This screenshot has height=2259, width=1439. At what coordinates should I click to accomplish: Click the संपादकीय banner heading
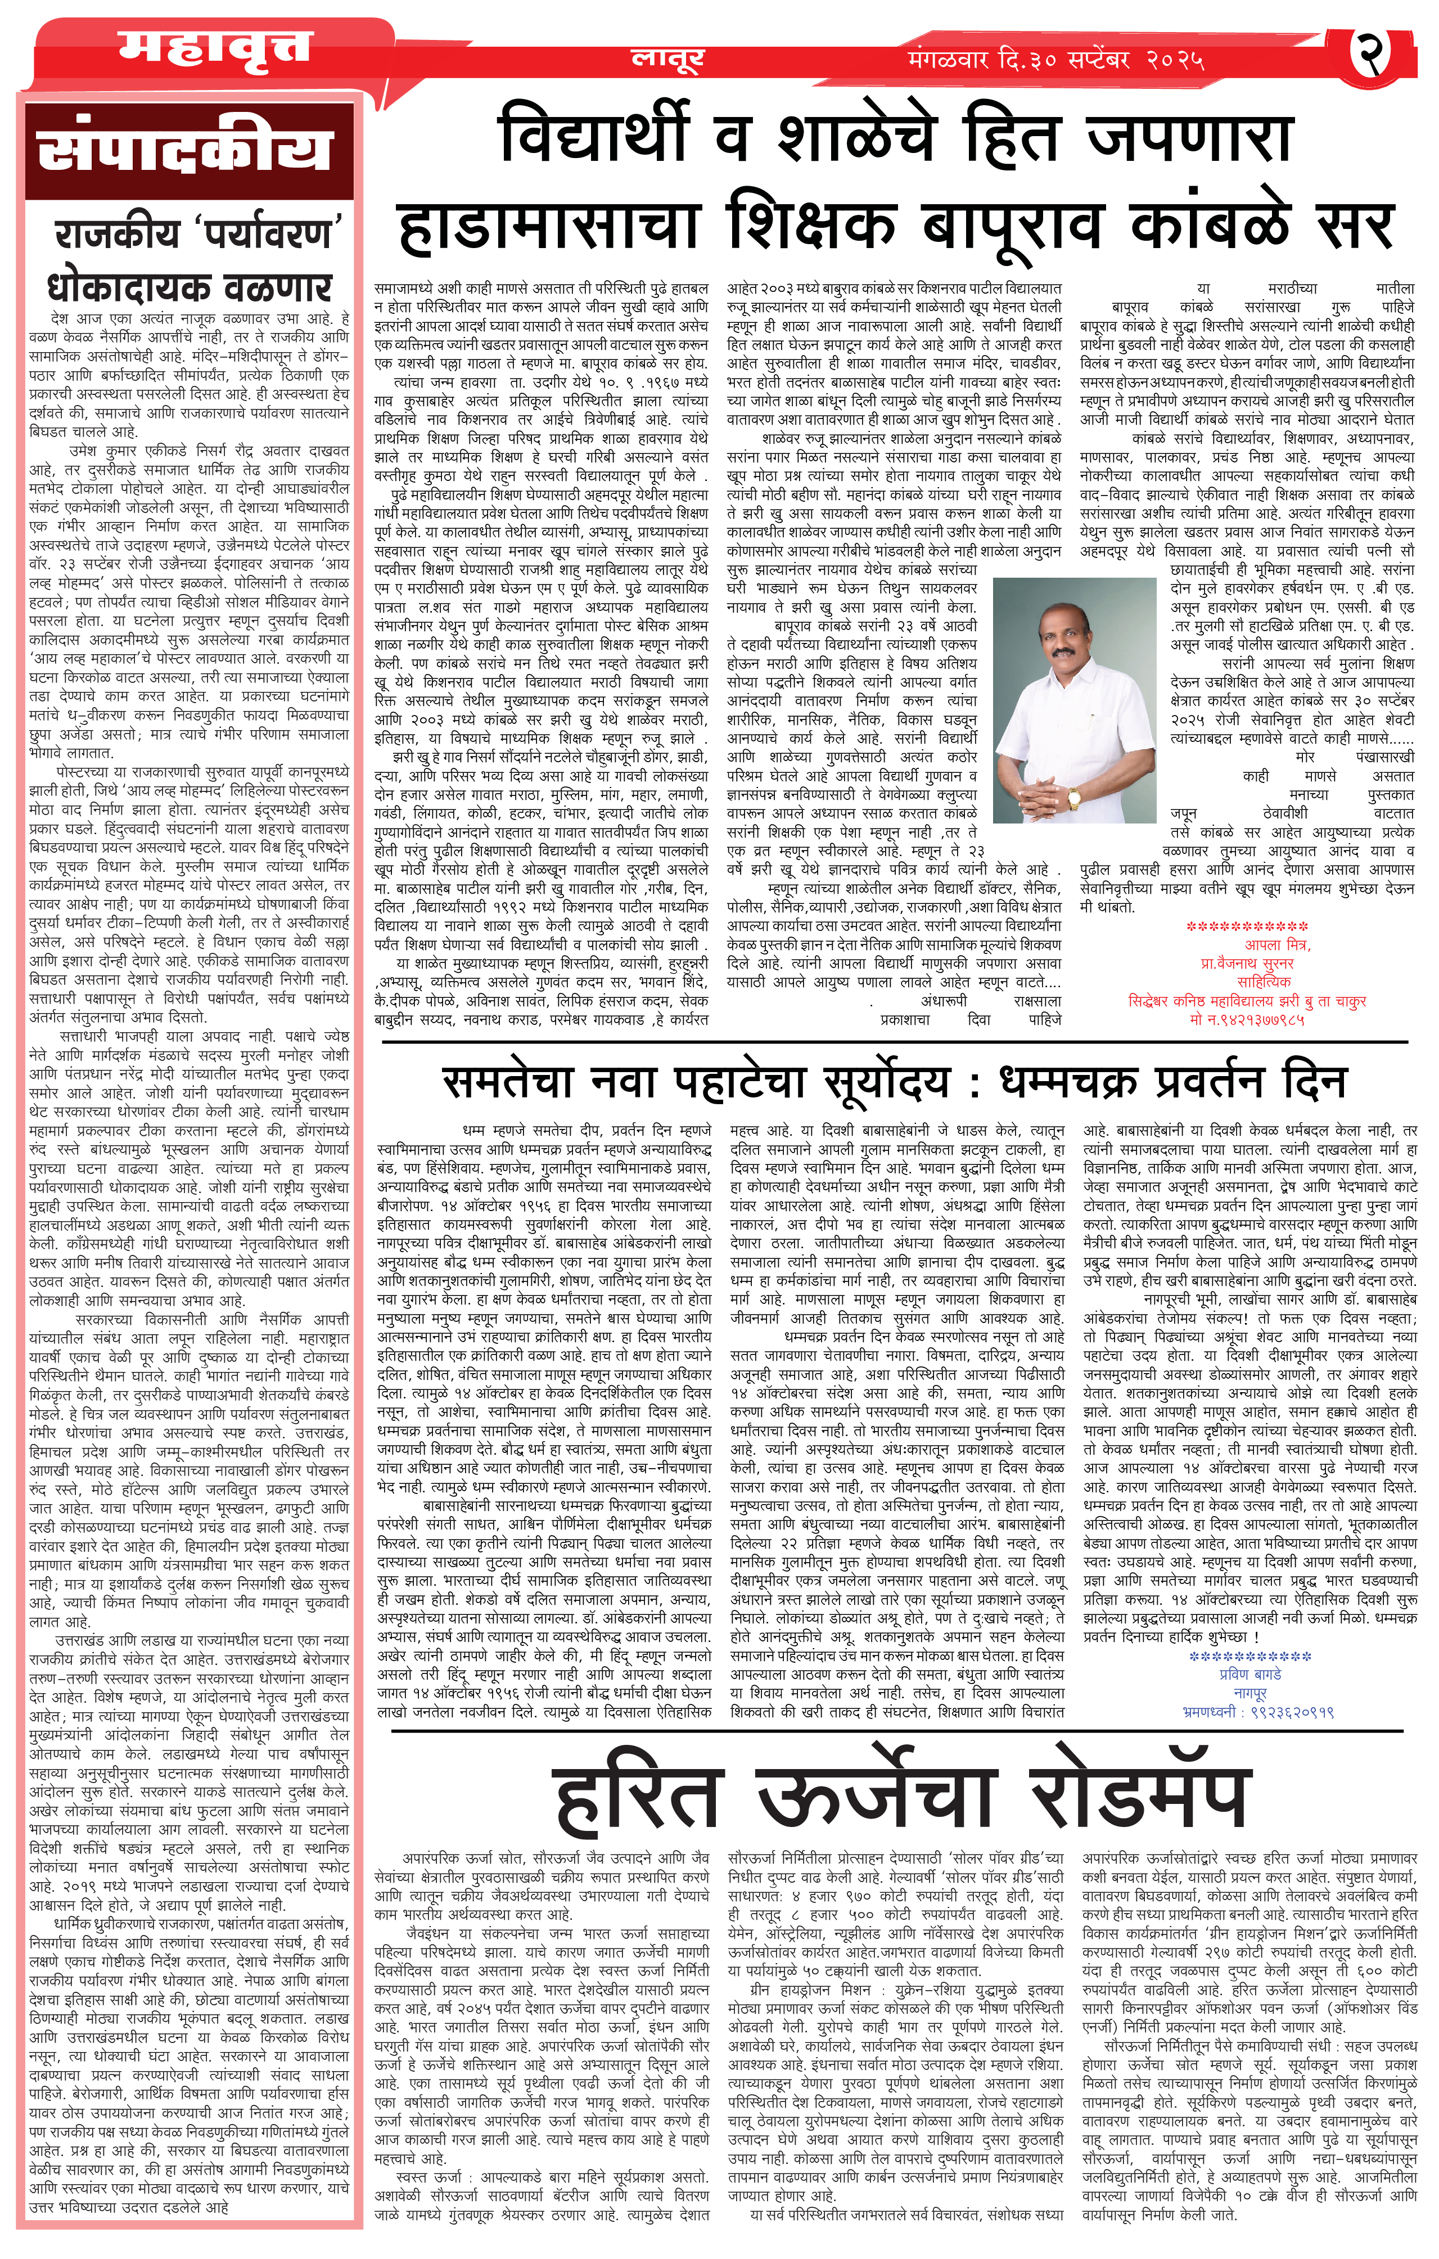pos(185,150)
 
